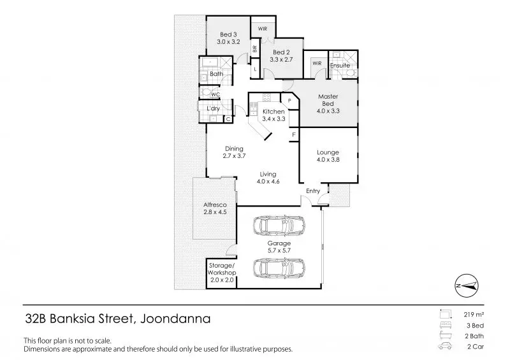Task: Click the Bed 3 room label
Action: pyautogui.click(x=228, y=38)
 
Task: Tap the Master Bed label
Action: pyautogui.click(x=328, y=103)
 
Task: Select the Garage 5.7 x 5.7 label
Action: pyautogui.click(x=279, y=247)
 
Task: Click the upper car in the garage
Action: pyautogui.click(x=279, y=225)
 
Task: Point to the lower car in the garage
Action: pyautogui.click(x=279, y=268)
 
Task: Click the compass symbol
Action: pyautogui.click(x=467, y=285)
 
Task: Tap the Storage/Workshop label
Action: pyautogui.click(x=222, y=273)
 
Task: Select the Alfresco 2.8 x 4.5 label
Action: pyautogui.click(x=215, y=208)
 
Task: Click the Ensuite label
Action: pyautogui.click(x=340, y=66)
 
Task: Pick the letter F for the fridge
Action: pyautogui.click(x=294, y=134)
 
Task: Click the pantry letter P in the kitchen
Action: pyautogui.click(x=289, y=101)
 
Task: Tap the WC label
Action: pyautogui.click(x=215, y=94)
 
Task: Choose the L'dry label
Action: pyautogui.click(x=214, y=108)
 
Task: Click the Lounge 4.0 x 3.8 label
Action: pyautogui.click(x=328, y=155)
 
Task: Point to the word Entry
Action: pyautogui.click(x=313, y=191)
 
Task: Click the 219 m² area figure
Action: pyautogui.click(x=474, y=315)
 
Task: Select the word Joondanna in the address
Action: pyautogui.click(x=175, y=319)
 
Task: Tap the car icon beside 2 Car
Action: pyautogui.click(x=444, y=347)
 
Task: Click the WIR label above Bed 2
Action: pyautogui.click(x=263, y=29)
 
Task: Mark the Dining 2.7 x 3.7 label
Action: pyautogui.click(x=234, y=152)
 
